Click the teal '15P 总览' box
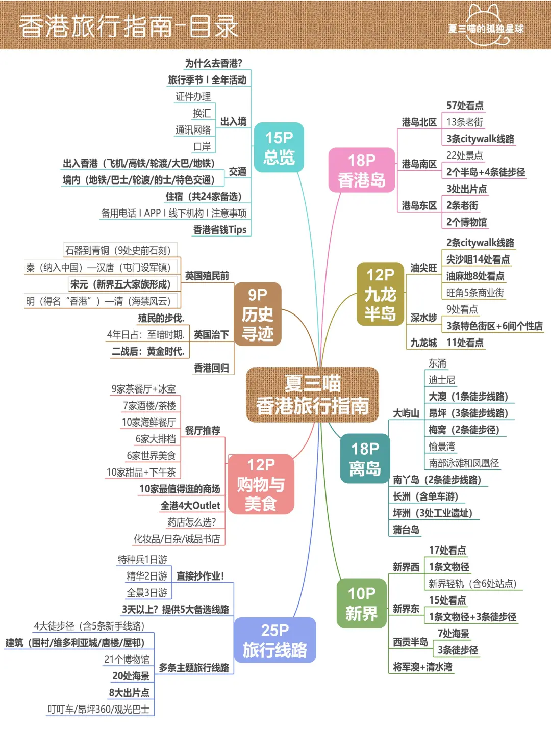279,147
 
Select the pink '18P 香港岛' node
362,170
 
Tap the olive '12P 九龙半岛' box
380,294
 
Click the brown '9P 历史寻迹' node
258,314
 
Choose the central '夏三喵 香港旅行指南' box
312,395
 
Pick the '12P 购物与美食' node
261,484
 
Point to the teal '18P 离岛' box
365,459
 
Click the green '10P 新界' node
361,604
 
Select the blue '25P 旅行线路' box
275,640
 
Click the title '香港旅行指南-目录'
129,27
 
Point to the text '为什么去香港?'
214,63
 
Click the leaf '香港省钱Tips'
220,230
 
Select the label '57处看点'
465,106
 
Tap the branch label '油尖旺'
423,268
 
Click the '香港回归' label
211,368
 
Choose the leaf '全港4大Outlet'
190,506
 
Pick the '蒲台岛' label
406,530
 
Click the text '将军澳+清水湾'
422,667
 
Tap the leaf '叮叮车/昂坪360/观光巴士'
98,710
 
